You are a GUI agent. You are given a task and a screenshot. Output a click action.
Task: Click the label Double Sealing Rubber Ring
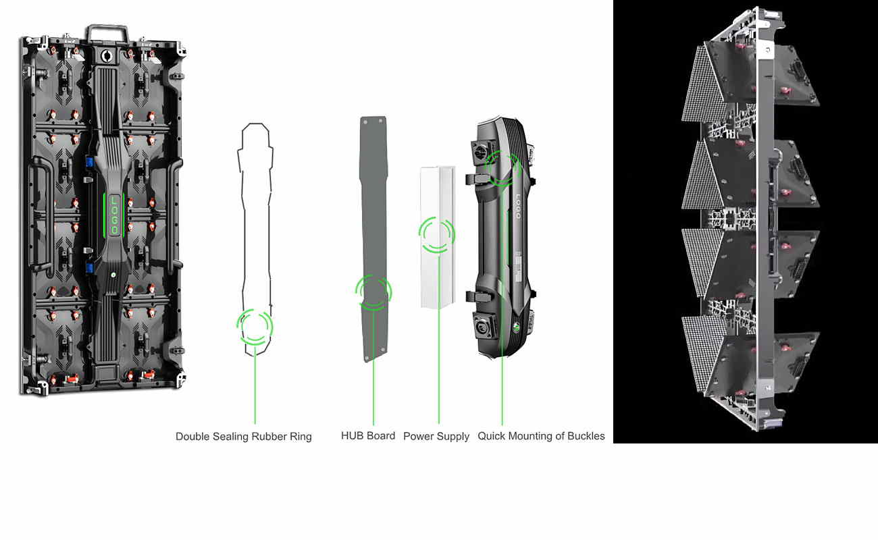click(x=243, y=437)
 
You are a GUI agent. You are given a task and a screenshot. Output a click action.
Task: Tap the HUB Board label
click(x=368, y=436)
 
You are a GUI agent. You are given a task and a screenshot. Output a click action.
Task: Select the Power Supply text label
click(x=436, y=437)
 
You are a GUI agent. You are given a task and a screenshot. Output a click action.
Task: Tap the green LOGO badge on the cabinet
click(x=114, y=215)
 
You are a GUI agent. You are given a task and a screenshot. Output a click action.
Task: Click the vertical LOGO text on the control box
click(x=517, y=206)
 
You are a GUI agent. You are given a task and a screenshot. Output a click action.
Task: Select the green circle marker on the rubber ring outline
click(x=255, y=327)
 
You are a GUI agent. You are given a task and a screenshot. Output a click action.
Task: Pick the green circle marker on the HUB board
click(x=373, y=292)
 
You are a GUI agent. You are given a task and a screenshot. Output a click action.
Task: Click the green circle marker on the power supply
click(x=437, y=235)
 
